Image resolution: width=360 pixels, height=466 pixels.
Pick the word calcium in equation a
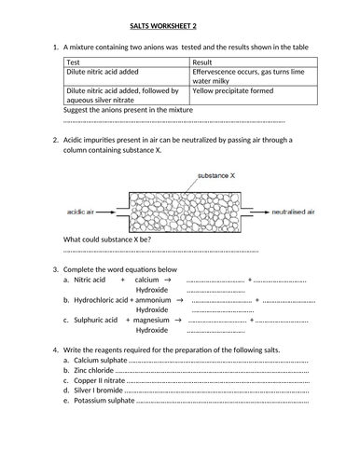point(146,280)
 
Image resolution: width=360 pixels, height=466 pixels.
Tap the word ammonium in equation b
point(152,301)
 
